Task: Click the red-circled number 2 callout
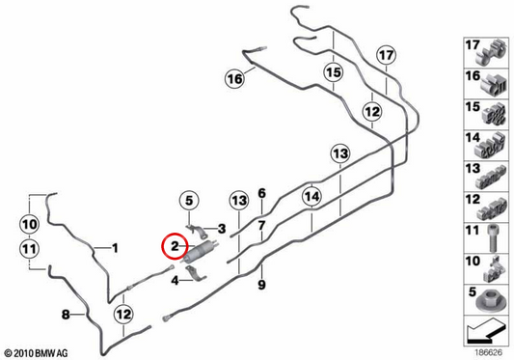[175, 246]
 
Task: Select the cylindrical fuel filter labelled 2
[200, 251]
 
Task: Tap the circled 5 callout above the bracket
[189, 201]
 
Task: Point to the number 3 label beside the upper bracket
[222, 229]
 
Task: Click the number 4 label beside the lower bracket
[176, 281]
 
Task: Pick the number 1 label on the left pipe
[115, 248]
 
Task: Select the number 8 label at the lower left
[66, 315]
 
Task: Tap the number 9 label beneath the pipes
[261, 285]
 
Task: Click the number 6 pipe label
[261, 193]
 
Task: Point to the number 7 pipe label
[261, 226]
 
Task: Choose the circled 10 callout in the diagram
[30, 225]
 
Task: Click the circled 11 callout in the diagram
[30, 249]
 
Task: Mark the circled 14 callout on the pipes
[311, 196]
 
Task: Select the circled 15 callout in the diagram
[334, 72]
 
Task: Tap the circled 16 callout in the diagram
[234, 79]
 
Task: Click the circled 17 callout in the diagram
[386, 55]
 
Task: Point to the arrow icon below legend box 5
[485, 330]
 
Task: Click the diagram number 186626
[489, 353]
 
